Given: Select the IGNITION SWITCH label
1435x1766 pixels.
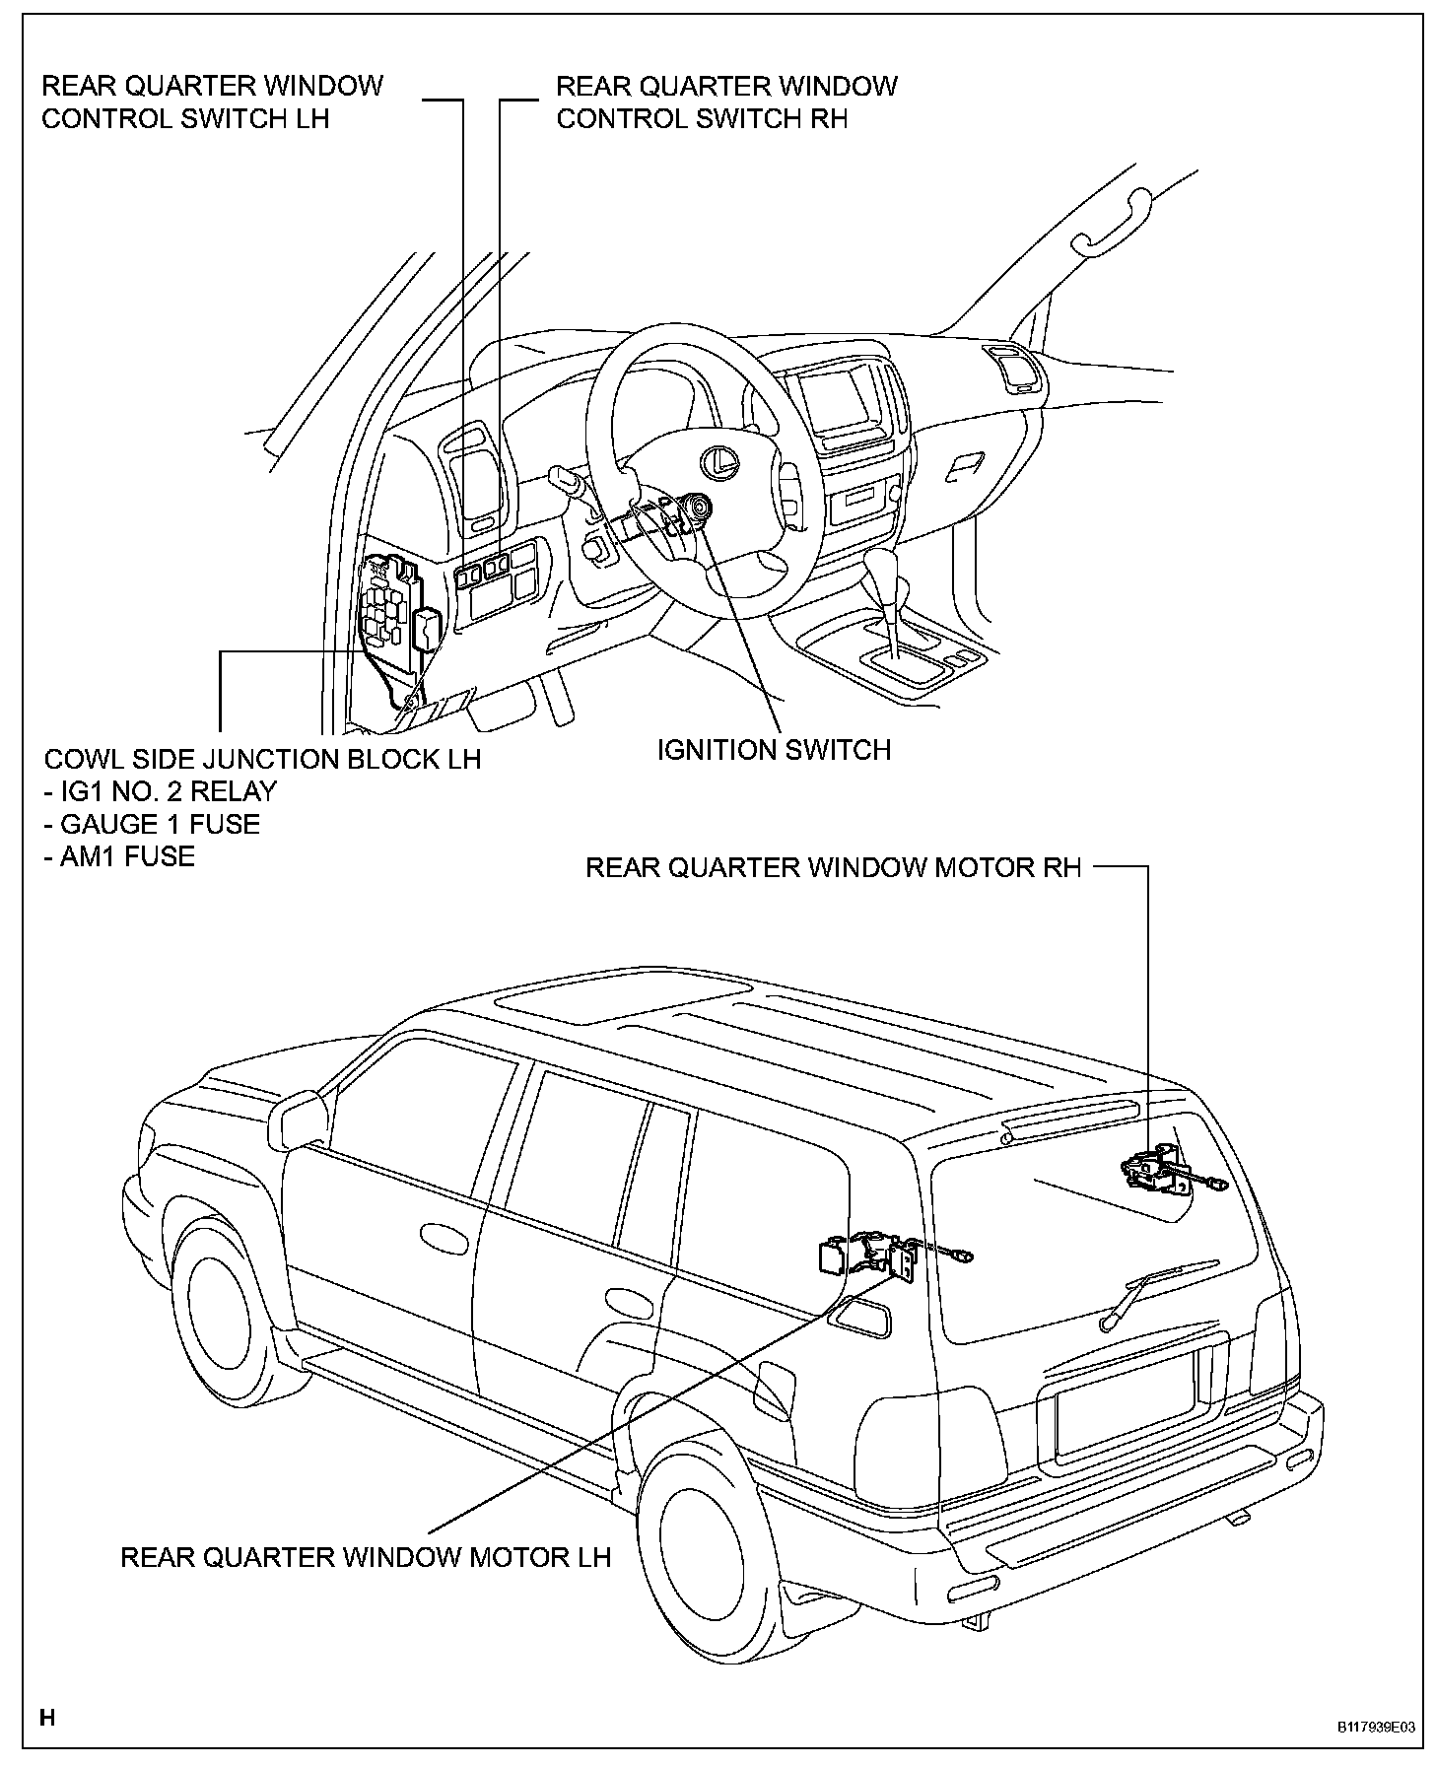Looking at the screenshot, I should tap(774, 750).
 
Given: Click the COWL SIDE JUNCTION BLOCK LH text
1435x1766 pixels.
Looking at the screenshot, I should tap(262, 759).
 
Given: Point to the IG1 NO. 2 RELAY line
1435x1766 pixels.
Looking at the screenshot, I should tap(161, 791).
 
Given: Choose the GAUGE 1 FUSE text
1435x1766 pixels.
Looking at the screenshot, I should tap(152, 824).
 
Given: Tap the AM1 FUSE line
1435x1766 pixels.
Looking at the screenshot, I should tap(119, 856).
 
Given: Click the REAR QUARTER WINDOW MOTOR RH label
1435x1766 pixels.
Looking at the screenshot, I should tap(833, 867).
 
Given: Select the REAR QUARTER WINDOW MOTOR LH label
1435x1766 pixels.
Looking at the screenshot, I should tap(366, 1557).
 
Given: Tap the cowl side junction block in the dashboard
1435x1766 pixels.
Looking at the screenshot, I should tap(392, 611).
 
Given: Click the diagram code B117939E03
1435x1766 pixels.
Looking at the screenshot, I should tap(1376, 1728).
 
